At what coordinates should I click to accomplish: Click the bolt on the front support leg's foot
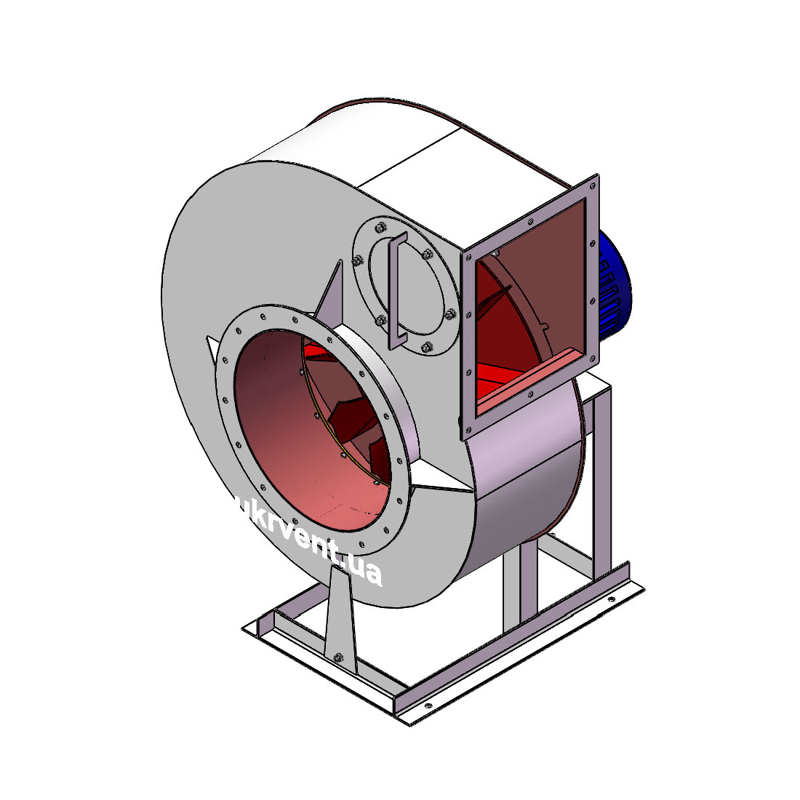tap(337, 657)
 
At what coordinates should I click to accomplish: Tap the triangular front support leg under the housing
tap(340, 617)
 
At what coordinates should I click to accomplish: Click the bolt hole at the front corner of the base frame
tap(428, 706)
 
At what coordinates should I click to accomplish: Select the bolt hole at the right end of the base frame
tap(611, 599)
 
